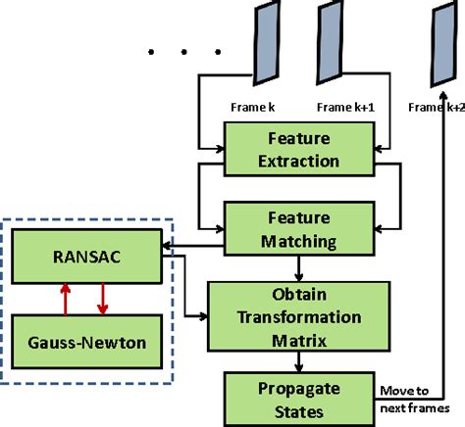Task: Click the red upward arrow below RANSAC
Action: (65, 300)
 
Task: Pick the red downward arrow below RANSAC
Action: (101, 300)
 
